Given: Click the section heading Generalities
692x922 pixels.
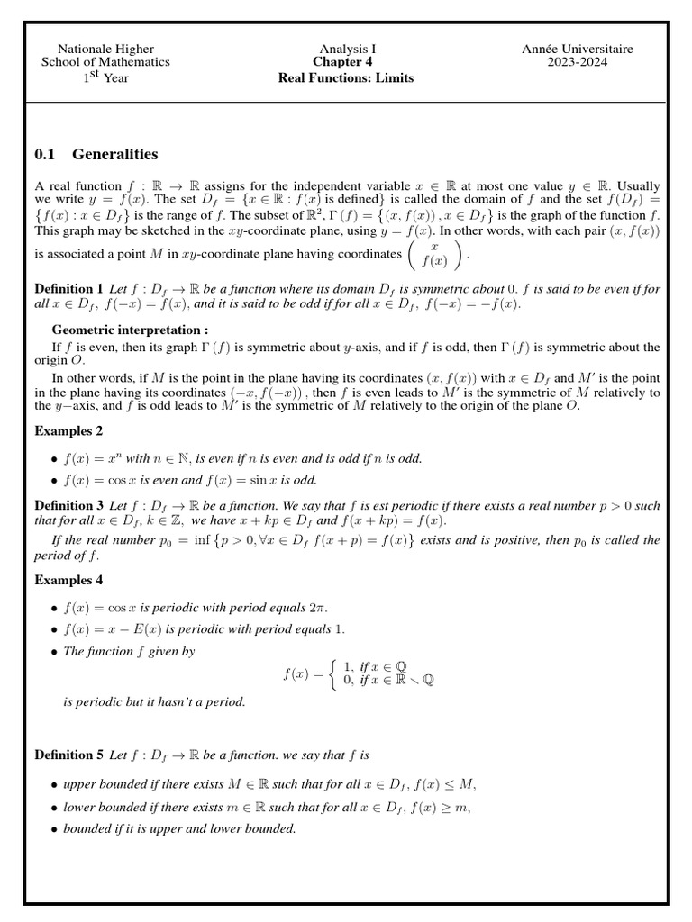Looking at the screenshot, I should pyautogui.click(x=114, y=154).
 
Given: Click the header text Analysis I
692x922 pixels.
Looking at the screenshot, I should pyautogui.click(x=347, y=49).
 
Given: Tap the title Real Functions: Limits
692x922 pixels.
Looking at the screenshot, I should pyautogui.click(x=346, y=77).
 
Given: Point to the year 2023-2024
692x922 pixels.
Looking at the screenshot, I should pyautogui.click(x=577, y=62).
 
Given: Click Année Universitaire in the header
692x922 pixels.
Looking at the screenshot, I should pyautogui.click(x=577, y=49).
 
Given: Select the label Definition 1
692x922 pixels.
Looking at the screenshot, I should pyautogui.click(x=68, y=289).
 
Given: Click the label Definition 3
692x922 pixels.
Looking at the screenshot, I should pyautogui.click(x=68, y=505).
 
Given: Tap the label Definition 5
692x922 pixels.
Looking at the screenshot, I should pyautogui.click(x=68, y=755).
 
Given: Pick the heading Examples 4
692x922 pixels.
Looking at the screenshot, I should pyautogui.click(x=68, y=580).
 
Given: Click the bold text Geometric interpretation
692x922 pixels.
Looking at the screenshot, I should pyautogui.click(x=130, y=330).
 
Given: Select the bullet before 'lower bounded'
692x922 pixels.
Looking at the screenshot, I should pyautogui.click(x=55, y=808).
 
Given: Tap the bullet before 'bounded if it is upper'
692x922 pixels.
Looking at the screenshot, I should pyautogui.click(x=55, y=829).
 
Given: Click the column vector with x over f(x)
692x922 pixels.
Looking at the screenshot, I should pyautogui.click(x=435, y=255).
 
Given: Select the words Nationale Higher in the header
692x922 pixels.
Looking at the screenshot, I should pyautogui.click(x=105, y=49).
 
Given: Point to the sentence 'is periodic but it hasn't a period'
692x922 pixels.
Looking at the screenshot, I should pyautogui.click(x=153, y=701).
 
